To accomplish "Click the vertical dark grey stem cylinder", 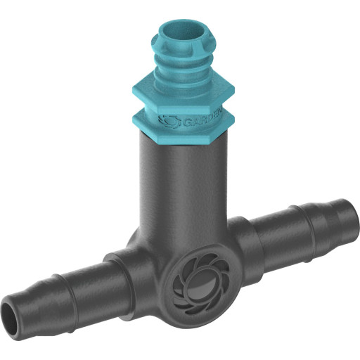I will pyautogui.click(x=185, y=190).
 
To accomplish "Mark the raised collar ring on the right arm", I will pyautogui.click(x=253, y=236).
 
